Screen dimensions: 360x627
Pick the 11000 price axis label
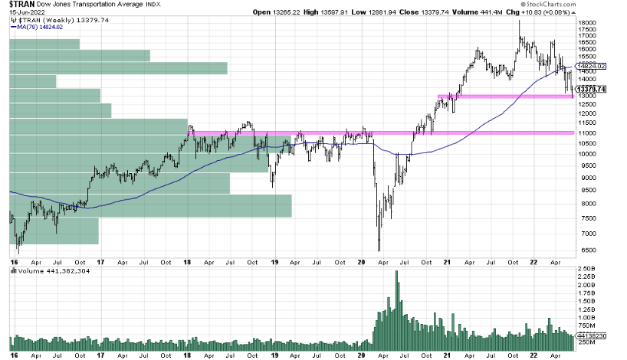click(x=587, y=133)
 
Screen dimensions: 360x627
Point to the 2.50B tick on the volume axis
click(x=587, y=269)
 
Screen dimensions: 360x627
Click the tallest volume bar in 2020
click(x=396, y=306)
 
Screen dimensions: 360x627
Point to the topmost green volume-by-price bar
click(x=44, y=44)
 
